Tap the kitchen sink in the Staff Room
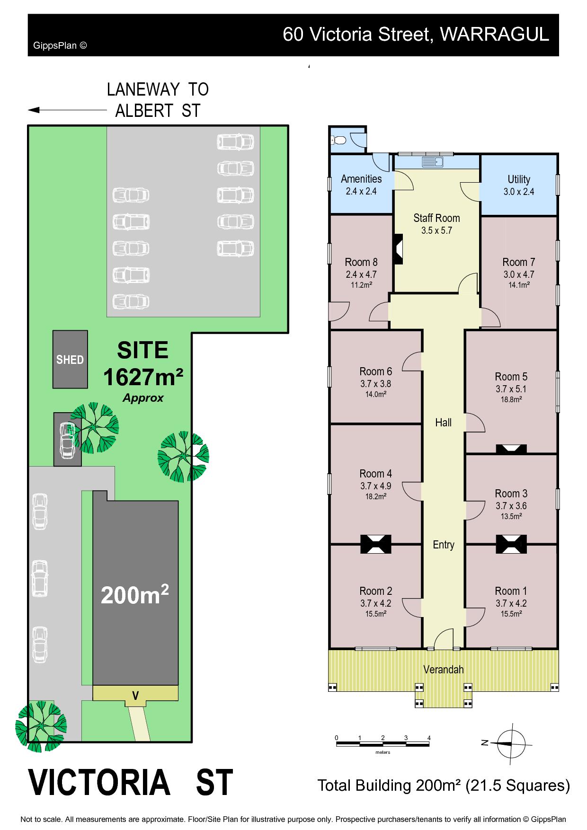coord(432,162)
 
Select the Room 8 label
coord(361,262)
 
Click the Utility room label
coord(519,179)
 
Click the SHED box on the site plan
coord(70,359)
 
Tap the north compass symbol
coord(510,743)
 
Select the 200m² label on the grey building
coord(135,595)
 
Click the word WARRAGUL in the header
coord(494,34)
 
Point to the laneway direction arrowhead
coord(33,110)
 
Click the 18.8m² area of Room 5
coord(511,399)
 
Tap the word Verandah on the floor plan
coord(444,670)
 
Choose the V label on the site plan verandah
coord(135,696)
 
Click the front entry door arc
coord(444,638)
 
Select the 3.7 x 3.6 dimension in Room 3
coord(511,505)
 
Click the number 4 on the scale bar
coord(429,738)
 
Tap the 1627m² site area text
coord(143,377)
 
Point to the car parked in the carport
coord(67,440)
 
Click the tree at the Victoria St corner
coord(41,726)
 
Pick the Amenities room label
coord(361,179)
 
